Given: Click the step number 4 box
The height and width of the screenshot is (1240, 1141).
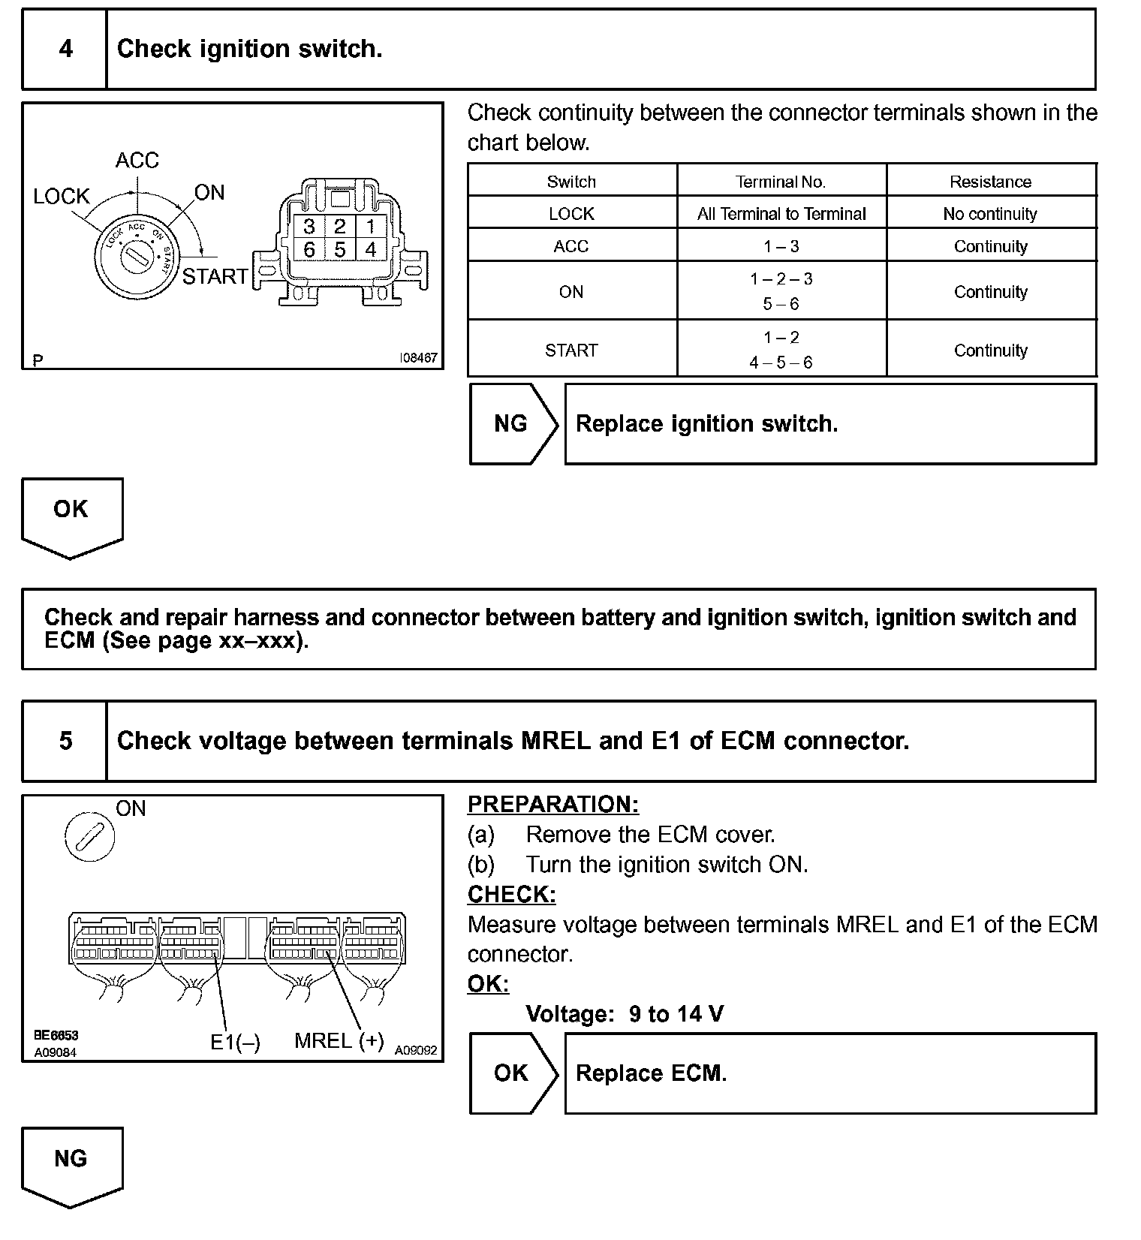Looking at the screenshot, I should [65, 50].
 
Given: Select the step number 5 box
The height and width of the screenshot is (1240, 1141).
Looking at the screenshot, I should [65, 742].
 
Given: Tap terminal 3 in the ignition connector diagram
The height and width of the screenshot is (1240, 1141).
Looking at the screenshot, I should [309, 226].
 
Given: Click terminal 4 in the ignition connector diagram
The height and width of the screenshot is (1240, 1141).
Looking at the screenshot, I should [370, 250].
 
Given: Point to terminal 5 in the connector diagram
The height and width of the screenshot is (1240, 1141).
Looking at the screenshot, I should [340, 250].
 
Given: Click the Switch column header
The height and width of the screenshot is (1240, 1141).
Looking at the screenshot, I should [571, 182].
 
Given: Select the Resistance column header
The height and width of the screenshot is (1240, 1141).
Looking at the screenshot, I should [990, 182].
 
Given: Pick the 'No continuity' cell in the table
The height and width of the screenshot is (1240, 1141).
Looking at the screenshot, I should [990, 214].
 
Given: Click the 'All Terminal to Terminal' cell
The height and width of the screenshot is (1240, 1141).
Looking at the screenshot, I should [781, 214].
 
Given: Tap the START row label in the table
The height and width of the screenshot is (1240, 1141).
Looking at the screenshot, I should [571, 351].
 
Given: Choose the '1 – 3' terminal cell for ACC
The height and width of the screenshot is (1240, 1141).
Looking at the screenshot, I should [781, 246].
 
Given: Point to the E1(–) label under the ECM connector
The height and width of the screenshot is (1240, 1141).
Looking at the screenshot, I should [235, 1043].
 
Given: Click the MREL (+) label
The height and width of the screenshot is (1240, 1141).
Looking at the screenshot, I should [339, 1041].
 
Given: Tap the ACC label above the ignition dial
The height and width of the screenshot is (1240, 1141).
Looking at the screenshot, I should [137, 161].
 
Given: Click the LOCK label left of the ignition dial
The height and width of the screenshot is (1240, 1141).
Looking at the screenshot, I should [62, 197].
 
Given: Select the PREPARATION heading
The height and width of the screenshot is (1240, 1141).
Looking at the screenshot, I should [553, 805].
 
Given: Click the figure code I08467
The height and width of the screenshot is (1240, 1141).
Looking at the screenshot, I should [418, 358].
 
